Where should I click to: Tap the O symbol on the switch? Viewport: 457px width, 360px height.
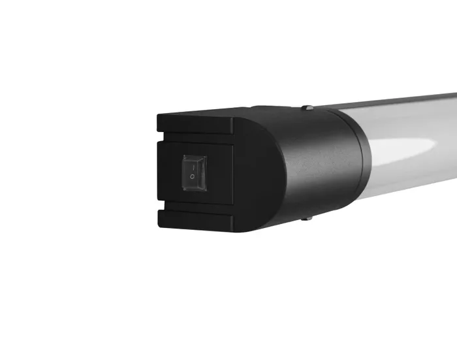point(193,177)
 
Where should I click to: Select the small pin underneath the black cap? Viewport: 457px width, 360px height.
point(305,219)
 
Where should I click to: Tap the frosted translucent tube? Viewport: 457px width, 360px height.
point(405,176)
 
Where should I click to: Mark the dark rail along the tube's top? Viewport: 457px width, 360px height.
point(405,100)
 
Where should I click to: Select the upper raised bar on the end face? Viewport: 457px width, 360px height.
point(196,123)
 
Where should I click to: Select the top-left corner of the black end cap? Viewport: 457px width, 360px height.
point(159,116)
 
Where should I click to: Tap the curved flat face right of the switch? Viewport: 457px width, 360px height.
point(258,173)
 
